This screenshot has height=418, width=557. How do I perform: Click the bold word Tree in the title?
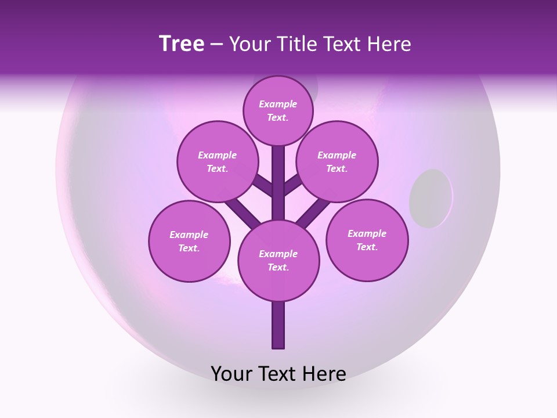[x=182, y=44]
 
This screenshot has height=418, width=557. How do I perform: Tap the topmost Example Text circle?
[x=278, y=110]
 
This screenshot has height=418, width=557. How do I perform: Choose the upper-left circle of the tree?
[x=218, y=161]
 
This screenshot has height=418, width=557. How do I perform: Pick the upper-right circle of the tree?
[x=337, y=161]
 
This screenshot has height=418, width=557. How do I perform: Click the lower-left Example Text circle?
[x=189, y=241]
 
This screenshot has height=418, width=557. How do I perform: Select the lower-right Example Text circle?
[x=367, y=240]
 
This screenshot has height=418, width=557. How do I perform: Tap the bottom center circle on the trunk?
[x=278, y=260]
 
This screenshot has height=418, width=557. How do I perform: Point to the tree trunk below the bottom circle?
[x=278, y=325]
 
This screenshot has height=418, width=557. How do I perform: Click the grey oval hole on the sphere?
[x=431, y=198]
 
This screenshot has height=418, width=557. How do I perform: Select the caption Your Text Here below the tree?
[x=278, y=374]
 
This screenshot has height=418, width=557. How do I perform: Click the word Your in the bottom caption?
[x=233, y=374]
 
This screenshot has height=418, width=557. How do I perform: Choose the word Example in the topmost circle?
[x=278, y=104]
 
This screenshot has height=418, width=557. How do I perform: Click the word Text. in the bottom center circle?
[x=278, y=267]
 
